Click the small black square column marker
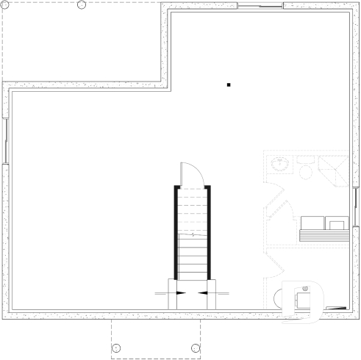pos(229,86)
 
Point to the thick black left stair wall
pos(176,232)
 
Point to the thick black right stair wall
pos(210,232)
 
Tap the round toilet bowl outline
pos(304,171)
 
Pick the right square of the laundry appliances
pos(337,223)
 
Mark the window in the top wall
pos(260,7)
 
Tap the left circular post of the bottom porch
pos(116,348)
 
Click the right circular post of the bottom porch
pos(195,348)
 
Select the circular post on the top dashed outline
pos(81,5)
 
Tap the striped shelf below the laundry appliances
pos(324,235)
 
